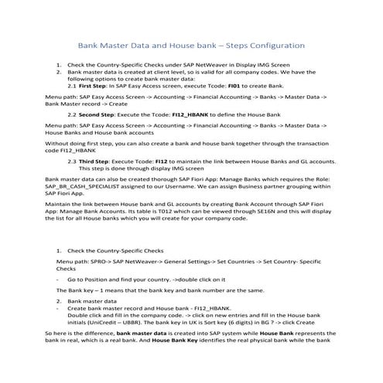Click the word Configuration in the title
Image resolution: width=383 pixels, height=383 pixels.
tap(273, 45)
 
